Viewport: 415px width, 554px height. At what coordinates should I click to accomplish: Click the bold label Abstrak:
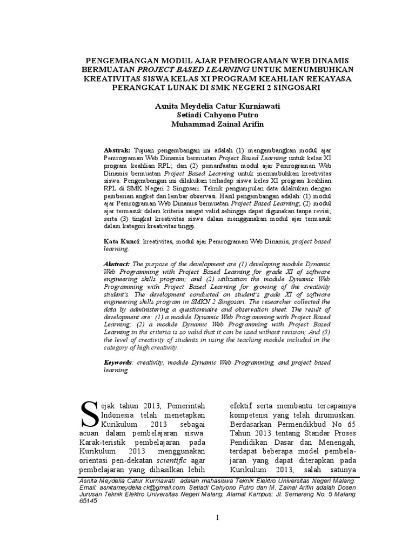pyautogui.click(x=116, y=149)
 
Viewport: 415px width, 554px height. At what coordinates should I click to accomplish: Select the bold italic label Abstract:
pyautogui.click(x=117, y=262)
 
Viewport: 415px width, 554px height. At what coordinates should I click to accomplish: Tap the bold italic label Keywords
pyautogui.click(x=118, y=360)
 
